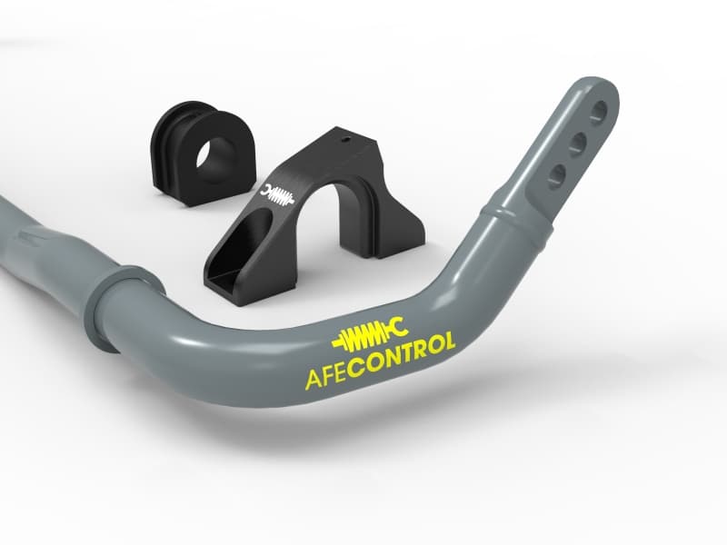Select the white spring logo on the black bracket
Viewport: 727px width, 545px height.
(275, 194)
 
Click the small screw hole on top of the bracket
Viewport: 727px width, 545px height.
(343, 141)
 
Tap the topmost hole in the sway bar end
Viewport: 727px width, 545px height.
(598, 113)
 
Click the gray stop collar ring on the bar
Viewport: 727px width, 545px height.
(108, 305)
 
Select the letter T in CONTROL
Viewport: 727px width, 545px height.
(415, 351)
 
